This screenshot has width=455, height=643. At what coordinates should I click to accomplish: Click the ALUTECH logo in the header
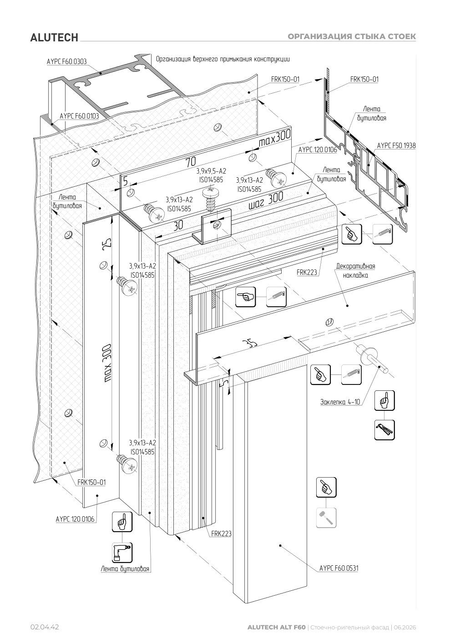(x=54, y=38)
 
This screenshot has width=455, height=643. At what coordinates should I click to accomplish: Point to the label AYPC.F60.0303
(x=67, y=62)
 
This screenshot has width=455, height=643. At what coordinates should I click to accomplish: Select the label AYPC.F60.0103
(x=79, y=116)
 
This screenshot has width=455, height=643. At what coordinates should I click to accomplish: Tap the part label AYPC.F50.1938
(x=396, y=146)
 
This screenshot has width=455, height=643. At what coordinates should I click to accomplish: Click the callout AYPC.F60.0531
(x=339, y=568)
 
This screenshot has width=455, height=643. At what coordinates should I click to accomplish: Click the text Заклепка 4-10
(x=340, y=402)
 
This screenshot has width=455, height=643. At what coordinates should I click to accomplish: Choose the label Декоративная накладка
(x=355, y=271)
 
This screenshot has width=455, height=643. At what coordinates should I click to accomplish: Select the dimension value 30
(x=178, y=225)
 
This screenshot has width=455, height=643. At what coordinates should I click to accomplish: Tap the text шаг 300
(x=266, y=201)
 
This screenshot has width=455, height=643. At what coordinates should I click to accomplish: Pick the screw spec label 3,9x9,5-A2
(x=211, y=171)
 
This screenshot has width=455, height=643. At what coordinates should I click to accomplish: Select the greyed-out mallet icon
(x=326, y=518)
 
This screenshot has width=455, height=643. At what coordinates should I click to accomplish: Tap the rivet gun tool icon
(x=384, y=430)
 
